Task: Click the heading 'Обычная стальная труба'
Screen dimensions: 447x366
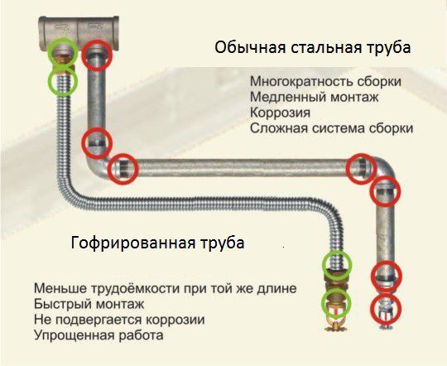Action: [312, 47]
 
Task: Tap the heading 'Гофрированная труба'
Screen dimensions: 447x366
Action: [157, 243]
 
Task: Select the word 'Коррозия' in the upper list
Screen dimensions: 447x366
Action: [280, 113]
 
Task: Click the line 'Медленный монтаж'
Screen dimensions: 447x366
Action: [315, 97]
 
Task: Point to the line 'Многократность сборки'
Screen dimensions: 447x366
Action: [325, 82]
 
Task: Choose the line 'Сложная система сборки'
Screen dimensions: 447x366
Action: [332, 128]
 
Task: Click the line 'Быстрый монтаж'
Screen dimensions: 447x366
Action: [89, 304]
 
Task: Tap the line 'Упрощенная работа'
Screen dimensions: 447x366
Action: [99, 335]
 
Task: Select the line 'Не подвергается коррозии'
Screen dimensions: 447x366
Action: [119, 320]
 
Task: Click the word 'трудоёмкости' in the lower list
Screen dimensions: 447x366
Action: [135, 288]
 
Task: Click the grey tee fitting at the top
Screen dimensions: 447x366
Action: [79, 33]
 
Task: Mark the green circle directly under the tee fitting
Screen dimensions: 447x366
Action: [63, 53]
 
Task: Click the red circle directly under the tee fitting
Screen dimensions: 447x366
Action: [97, 55]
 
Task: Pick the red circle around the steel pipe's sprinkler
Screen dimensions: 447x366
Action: [387, 308]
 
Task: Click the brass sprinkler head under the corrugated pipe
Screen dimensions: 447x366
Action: [336, 314]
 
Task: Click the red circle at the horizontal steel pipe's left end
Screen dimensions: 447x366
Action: [123, 169]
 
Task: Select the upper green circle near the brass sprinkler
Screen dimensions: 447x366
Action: [337, 266]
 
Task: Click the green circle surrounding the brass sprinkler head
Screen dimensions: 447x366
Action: [336, 303]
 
